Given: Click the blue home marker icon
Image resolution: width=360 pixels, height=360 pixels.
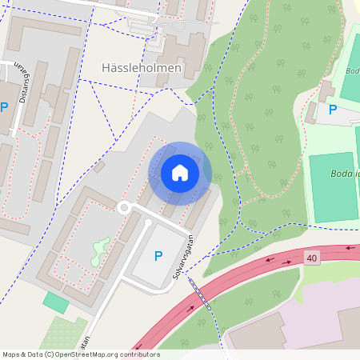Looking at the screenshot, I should point(180,173).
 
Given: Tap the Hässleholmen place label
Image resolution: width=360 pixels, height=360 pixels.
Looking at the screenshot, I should point(142,68).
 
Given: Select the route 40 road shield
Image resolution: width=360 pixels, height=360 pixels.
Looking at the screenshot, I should point(311,258).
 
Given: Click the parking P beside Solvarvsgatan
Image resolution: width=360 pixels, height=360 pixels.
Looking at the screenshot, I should point(158,256).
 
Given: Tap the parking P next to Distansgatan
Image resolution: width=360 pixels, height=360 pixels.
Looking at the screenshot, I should point(4,107).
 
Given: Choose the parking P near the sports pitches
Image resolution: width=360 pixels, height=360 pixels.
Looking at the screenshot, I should point(333,110).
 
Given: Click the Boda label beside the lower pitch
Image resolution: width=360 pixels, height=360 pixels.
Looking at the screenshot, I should point(345,173).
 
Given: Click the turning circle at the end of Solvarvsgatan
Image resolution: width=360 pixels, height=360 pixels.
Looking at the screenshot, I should point(123,208).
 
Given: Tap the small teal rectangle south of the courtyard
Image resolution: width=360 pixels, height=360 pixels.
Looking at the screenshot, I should point(56,302).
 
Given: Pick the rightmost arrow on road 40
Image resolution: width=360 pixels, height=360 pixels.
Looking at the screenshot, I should point(349,248).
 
